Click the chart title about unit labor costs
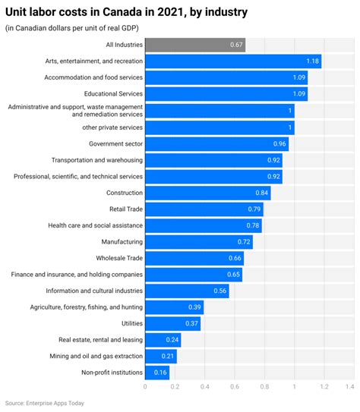tap(125, 13)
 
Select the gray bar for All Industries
tap(194, 45)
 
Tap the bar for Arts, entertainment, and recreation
tap(232, 61)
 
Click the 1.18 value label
tap(311, 61)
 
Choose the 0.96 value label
tap(279, 143)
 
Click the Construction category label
tap(124, 193)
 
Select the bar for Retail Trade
tap(204, 209)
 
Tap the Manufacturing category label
tap(122, 241)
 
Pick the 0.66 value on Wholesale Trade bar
tap(235, 258)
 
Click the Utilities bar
tap(172, 323)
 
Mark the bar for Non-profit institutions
tap(156, 373)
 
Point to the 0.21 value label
tap(168, 356)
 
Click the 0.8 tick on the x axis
tap(264, 386)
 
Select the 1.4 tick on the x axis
tap(349, 386)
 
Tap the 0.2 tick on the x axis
tap(175, 386)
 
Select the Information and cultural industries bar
tap(186, 291)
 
